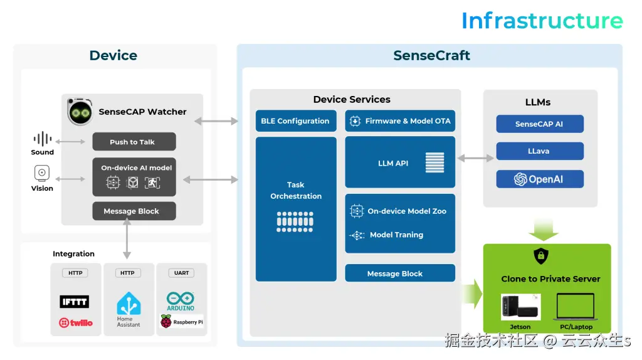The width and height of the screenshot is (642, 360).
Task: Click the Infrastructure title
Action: click(x=542, y=21)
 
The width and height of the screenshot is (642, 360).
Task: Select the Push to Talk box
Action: click(x=134, y=142)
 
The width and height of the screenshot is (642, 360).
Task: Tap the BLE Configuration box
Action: click(x=296, y=121)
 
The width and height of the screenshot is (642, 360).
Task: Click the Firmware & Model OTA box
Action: click(x=400, y=121)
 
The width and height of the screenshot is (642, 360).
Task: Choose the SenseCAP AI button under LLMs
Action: click(x=540, y=124)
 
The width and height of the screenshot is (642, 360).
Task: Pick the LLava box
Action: click(x=540, y=151)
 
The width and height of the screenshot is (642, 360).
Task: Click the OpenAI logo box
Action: click(x=540, y=179)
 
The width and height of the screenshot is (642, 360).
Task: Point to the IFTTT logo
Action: click(x=74, y=302)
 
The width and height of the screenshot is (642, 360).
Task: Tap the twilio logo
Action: click(x=75, y=322)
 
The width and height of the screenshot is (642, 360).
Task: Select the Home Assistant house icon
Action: click(x=129, y=304)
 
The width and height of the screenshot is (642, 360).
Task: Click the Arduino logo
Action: click(x=181, y=300)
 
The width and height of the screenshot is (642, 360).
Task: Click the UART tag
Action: click(x=181, y=273)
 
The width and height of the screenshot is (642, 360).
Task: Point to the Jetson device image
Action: click(x=520, y=307)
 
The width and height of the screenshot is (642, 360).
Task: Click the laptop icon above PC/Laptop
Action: click(x=576, y=307)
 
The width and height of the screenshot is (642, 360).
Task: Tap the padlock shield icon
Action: click(x=540, y=256)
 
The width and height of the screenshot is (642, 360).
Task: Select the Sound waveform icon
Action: click(x=43, y=139)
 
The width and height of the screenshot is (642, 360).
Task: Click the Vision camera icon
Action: click(x=42, y=173)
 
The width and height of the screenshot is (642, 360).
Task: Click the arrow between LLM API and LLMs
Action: click(x=476, y=159)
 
